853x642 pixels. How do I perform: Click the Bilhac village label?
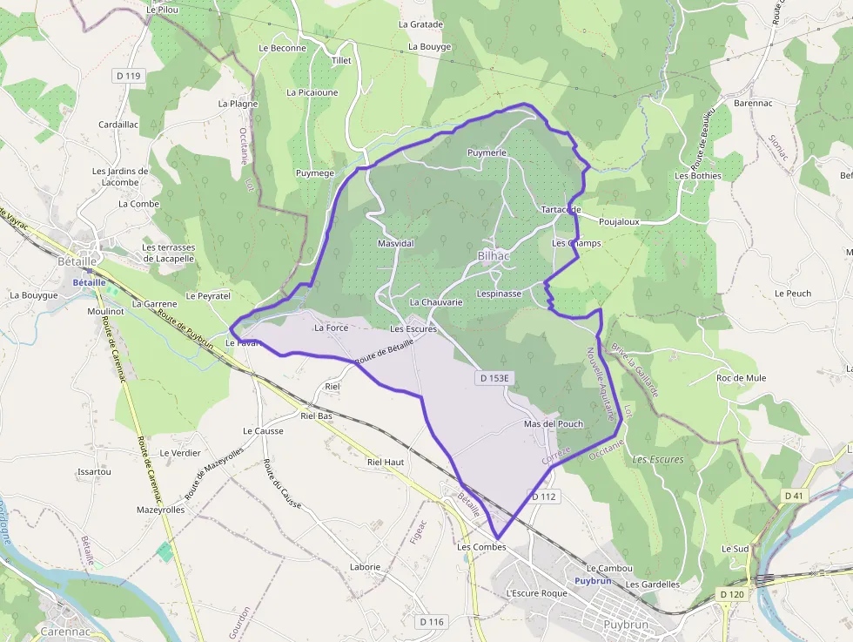494,256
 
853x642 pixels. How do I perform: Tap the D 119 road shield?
128,76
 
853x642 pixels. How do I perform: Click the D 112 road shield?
543,497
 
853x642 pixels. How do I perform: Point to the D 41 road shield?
793,496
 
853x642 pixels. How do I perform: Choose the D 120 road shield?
732,594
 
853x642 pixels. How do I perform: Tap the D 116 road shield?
432,622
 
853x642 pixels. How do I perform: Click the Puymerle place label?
487,152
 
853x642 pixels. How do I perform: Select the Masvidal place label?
396,244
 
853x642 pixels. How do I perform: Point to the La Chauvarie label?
436,302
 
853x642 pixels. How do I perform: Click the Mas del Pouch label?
554,424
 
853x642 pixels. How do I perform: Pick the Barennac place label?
754,103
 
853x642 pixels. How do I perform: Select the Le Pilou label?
163,9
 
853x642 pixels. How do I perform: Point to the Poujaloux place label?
619,221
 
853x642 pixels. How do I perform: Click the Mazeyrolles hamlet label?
161,510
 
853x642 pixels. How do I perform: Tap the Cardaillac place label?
118,125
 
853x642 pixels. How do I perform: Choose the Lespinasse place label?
500,294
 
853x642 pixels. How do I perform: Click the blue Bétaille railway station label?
89,282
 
